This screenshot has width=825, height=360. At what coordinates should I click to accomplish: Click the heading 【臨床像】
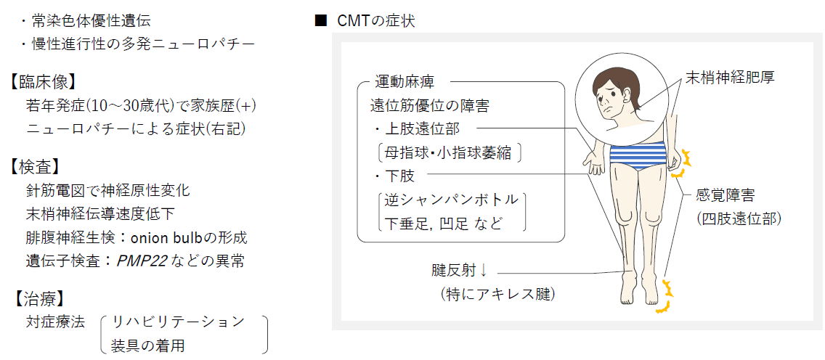pos(42,82)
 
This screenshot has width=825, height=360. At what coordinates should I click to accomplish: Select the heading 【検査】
pos(34,167)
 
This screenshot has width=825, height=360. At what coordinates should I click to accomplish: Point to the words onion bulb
pos(166,238)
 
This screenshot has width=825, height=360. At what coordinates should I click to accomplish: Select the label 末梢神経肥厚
pos(728,77)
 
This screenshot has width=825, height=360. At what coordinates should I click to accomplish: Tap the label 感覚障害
pos(726,196)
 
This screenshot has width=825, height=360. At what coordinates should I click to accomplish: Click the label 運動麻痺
pos(404,83)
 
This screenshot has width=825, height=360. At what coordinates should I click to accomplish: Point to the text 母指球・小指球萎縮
pos(449,153)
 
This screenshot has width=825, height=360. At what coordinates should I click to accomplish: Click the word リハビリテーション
pos(177,321)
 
